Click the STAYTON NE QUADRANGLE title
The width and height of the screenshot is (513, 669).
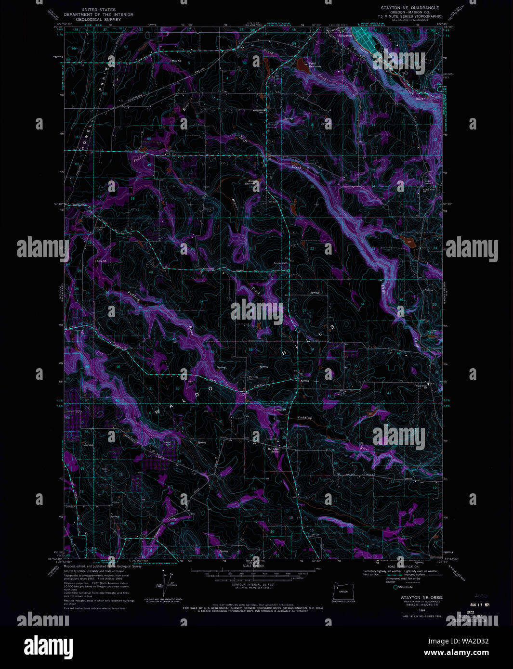click(410, 8)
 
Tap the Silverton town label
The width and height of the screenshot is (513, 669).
click(345, 36)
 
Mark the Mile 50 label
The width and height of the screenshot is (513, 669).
click(176, 61)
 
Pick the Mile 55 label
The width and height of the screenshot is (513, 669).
click(101, 261)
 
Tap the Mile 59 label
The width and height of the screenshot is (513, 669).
click(281, 410)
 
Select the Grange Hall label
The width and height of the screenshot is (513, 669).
click(280, 263)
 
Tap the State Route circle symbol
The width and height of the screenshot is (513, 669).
click(395, 587)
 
